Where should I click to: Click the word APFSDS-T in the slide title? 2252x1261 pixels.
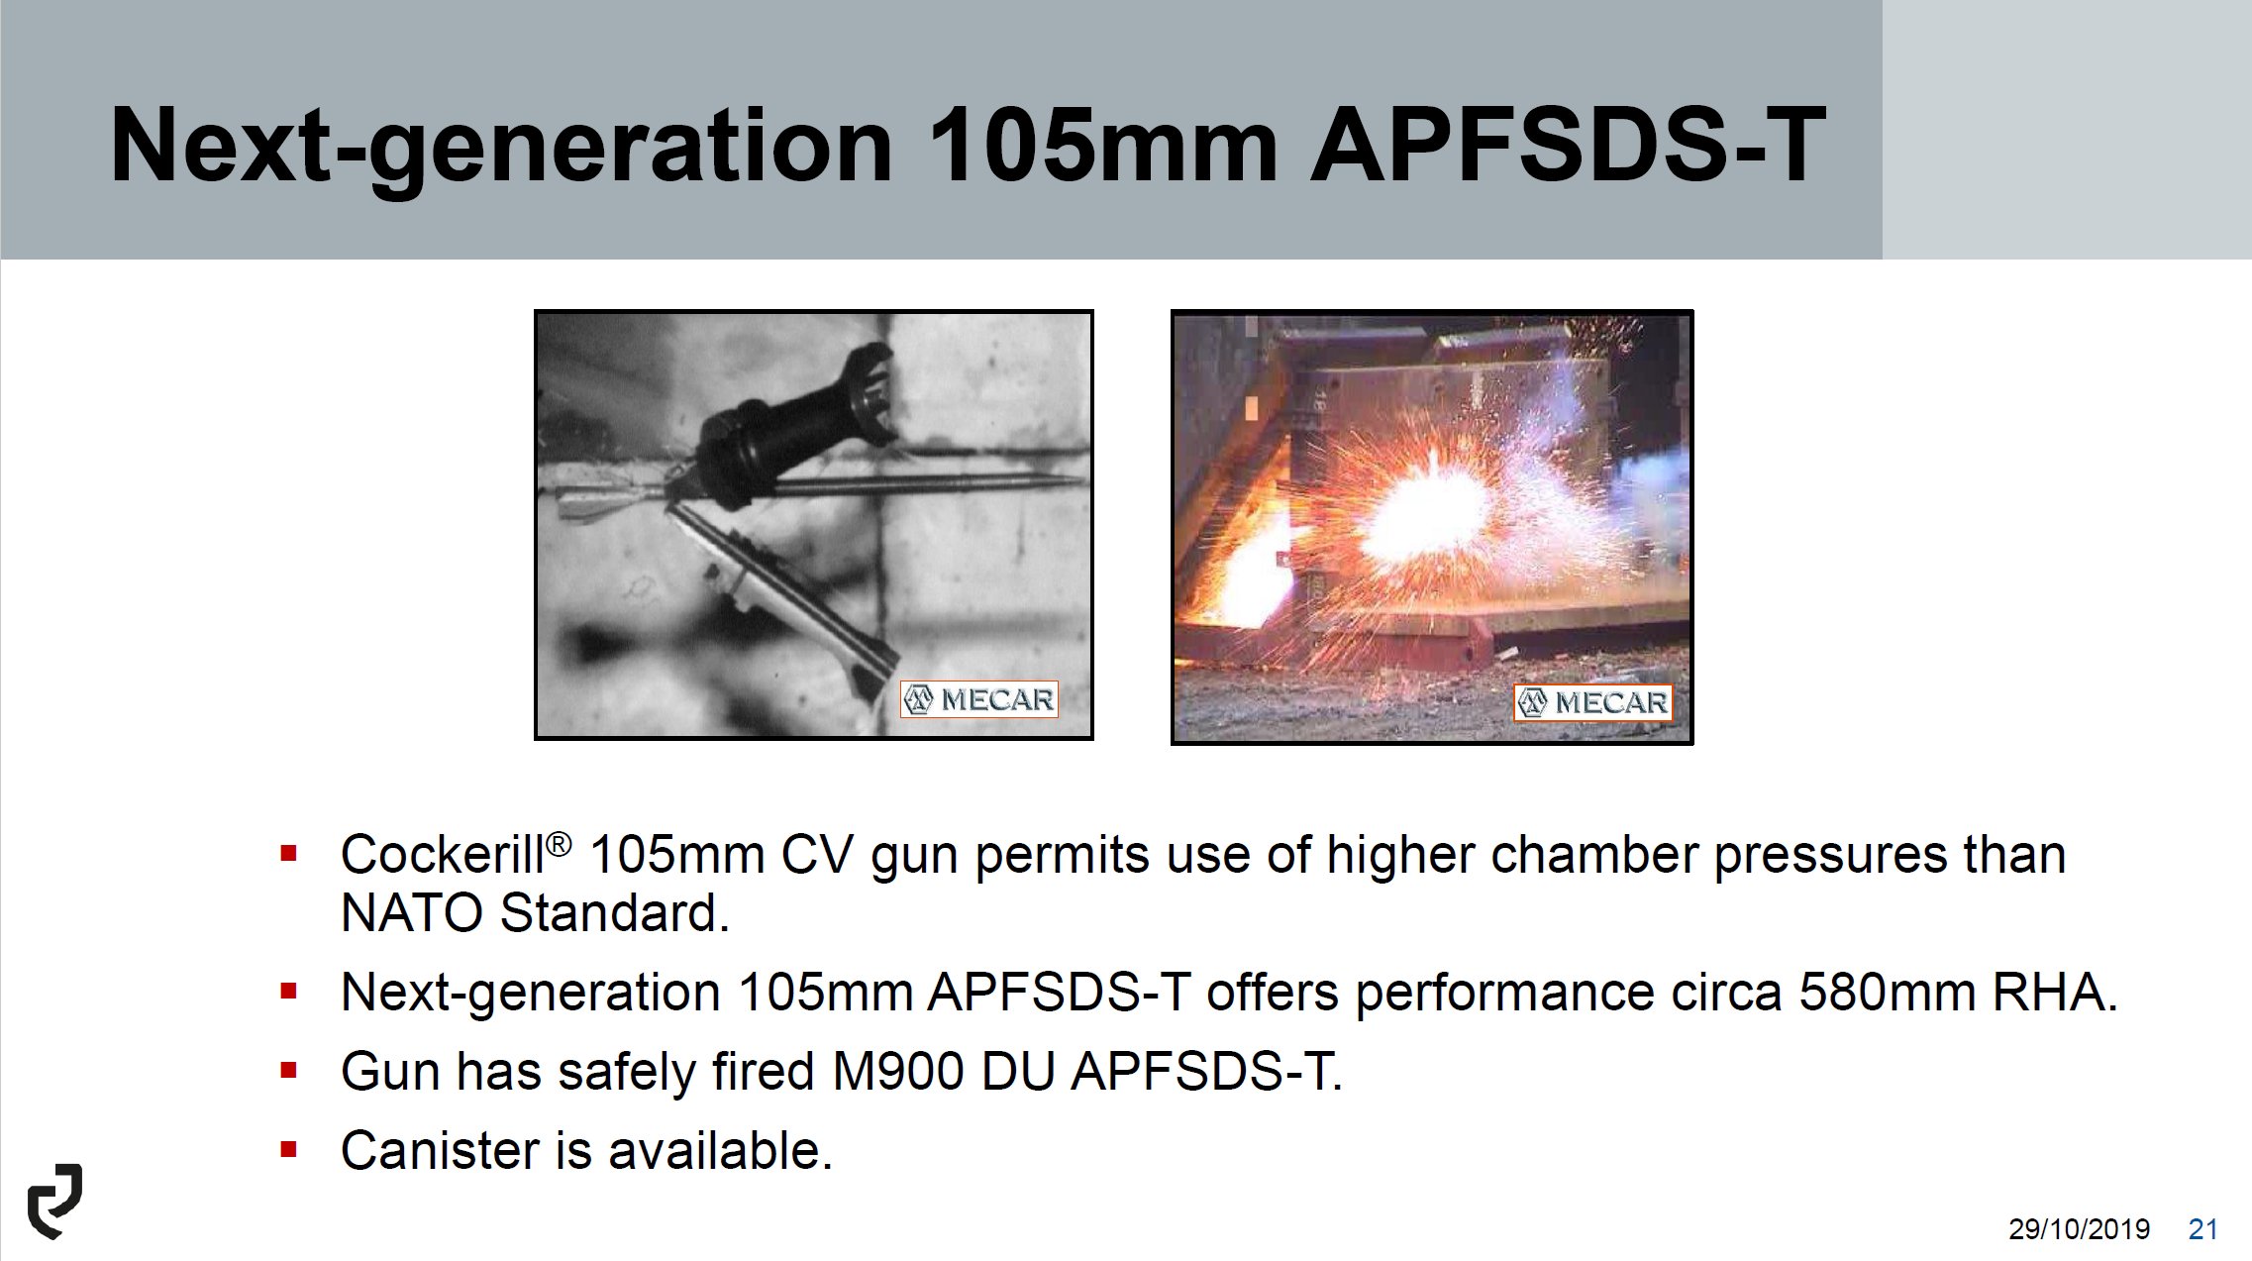1569,145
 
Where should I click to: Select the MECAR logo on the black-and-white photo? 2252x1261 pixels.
978,699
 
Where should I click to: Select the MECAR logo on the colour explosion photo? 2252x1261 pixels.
1592,702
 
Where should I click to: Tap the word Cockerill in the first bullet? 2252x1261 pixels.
442,854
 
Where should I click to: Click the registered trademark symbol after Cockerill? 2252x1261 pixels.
559,845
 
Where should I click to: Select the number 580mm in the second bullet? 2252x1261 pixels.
1888,992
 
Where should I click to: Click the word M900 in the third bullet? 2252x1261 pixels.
898,1071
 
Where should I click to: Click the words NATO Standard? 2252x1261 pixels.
535,912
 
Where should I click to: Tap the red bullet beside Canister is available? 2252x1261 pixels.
289,1150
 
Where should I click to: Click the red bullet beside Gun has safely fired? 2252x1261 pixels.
289,1071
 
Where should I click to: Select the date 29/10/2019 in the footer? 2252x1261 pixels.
2079,1229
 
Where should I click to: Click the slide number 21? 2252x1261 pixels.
2202,1229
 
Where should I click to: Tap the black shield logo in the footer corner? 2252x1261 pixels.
55,1201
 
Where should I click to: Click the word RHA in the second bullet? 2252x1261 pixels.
2055,992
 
